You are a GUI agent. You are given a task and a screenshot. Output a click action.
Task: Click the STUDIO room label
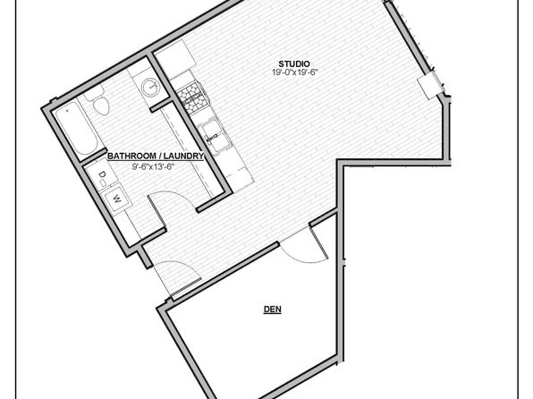coord(294,64)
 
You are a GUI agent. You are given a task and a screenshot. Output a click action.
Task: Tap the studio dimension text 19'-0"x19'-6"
coord(294,72)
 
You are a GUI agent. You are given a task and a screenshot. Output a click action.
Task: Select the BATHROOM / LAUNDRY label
coord(156,157)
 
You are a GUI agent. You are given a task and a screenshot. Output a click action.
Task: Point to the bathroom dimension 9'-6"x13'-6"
coord(153,166)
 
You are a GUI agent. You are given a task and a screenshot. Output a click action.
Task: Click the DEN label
coord(273,310)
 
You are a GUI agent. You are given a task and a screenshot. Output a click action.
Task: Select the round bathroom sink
coord(149,87)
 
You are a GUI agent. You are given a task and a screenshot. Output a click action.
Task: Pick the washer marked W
coord(117,199)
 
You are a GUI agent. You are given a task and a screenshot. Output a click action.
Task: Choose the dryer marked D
coord(101,176)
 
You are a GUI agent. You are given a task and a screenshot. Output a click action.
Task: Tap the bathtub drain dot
coord(67,111)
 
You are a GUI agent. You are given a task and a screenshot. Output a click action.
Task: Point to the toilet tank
coord(94,92)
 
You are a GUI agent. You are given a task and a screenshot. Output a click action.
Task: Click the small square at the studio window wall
coord(427,85)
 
